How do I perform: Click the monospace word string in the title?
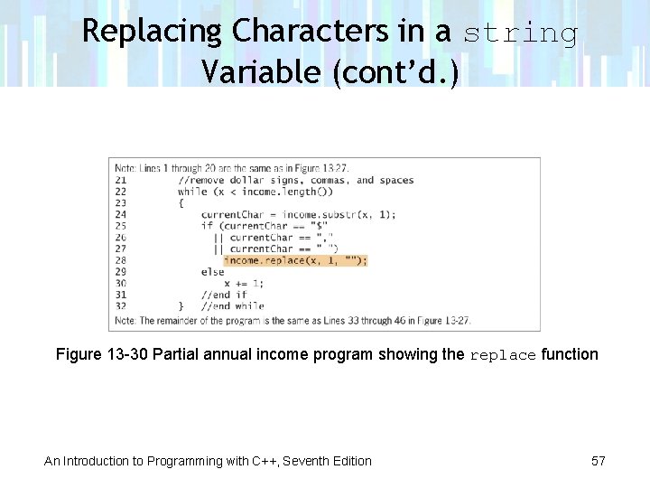(x=521, y=33)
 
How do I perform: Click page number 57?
(x=598, y=461)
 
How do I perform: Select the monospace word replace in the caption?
(x=503, y=355)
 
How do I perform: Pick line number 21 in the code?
(x=121, y=180)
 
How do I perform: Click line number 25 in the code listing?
(x=121, y=226)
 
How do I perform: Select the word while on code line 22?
(x=192, y=192)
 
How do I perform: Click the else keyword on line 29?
(x=213, y=271)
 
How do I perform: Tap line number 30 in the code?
(x=121, y=283)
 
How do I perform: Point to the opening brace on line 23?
(x=181, y=203)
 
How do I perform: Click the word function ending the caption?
(x=569, y=354)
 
